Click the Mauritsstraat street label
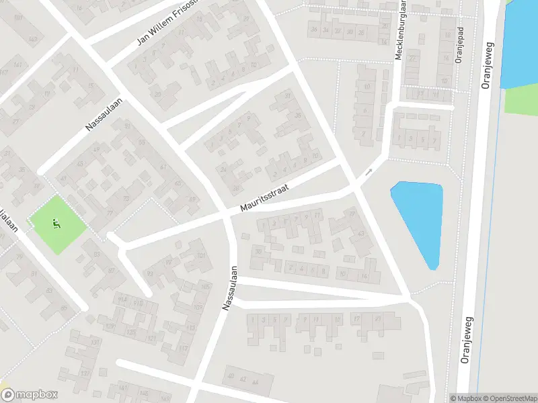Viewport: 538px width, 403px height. click(268, 199)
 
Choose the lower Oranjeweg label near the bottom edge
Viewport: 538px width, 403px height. click(468, 339)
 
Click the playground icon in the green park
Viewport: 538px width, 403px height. click(56, 224)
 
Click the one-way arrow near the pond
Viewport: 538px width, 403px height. click(369, 173)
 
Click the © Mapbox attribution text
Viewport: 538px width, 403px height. click(465, 398)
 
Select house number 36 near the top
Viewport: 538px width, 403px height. click(313, 30)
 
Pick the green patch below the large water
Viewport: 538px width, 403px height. click(521, 100)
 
